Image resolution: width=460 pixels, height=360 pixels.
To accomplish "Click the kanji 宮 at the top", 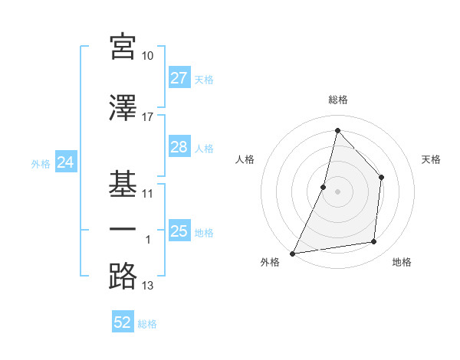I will (x=123, y=47).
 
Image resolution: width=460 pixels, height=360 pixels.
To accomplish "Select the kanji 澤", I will (x=123, y=109).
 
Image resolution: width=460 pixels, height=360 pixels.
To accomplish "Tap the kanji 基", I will (x=123, y=185).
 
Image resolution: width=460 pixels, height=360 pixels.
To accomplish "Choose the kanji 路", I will (x=123, y=277).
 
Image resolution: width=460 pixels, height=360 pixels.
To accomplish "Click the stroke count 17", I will (x=148, y=117).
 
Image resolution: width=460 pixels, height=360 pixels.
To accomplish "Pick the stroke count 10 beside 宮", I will (x=148, y=56).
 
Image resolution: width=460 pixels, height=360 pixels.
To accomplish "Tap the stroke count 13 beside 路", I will (x=148, y=286).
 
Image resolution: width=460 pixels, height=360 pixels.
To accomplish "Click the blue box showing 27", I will (x=179, y=78).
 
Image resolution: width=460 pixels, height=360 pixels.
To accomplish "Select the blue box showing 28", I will (x=179, y=147).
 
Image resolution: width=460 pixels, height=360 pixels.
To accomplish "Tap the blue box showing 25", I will (x=179, y=231).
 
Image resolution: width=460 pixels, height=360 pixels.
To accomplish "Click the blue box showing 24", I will (x=65, y=162).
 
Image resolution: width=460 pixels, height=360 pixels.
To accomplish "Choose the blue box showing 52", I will (x=123, y=322).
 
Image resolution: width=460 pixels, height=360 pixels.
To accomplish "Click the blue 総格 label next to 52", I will (x=147, y=324).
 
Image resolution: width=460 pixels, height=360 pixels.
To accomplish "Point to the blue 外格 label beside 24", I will (x=41, y=163).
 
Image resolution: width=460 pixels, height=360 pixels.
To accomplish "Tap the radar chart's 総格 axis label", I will (x=337, y=100).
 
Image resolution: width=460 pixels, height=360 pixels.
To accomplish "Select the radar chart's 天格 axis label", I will (x=431, y=159).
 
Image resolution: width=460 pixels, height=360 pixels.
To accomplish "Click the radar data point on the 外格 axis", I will (x=292, y=253).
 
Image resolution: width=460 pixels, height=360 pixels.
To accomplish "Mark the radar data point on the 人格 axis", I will (x=324, y=186).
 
